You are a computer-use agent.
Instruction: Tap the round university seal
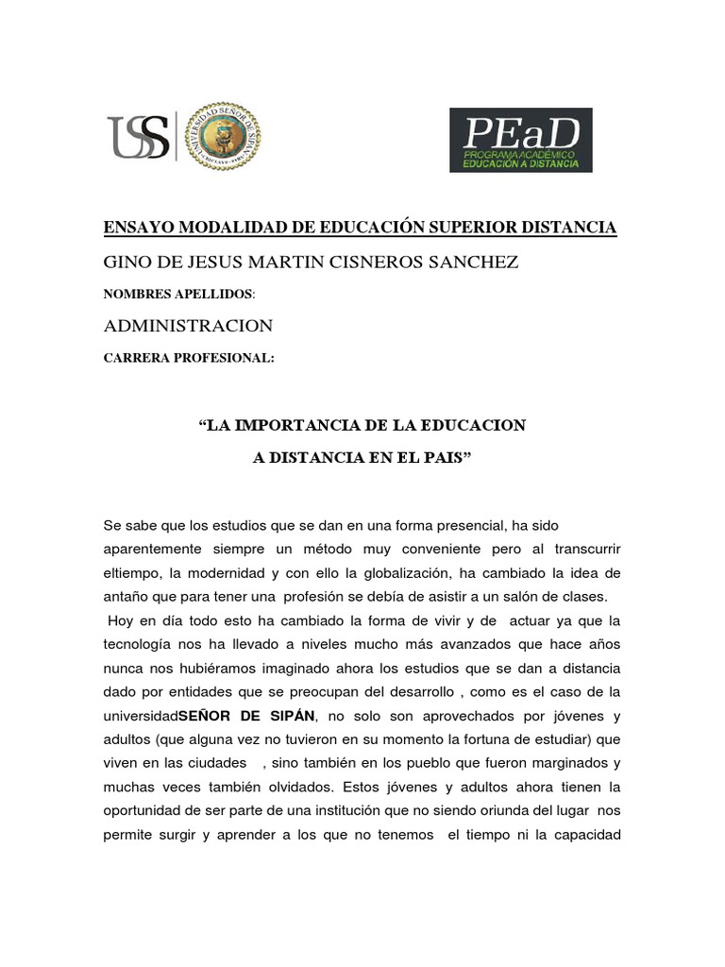[223, 137]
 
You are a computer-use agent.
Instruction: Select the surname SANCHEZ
[474, 262]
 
